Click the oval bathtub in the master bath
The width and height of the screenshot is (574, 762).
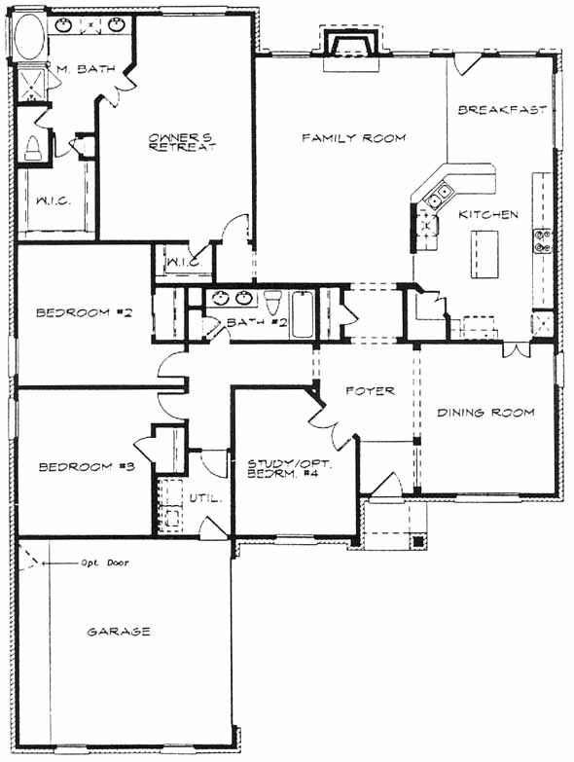29,37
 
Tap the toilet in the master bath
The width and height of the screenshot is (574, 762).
32,149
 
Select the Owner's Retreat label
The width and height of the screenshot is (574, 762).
182,142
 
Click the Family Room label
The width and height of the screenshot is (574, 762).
353,138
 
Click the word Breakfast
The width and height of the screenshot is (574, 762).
502,110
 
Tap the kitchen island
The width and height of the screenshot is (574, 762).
484,254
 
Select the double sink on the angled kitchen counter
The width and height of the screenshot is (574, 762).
439,194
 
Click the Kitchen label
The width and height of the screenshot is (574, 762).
488,214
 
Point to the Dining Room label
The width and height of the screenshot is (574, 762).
485,413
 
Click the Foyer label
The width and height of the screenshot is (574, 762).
370,390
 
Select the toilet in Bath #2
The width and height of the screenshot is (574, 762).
273,302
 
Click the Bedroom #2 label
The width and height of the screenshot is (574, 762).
84,312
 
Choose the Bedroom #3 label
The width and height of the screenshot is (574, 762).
87,467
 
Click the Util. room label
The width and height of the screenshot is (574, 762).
205,498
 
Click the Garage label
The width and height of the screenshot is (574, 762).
119,632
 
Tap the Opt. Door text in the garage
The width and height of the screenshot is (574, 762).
105,562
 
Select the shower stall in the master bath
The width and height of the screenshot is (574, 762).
32,84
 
